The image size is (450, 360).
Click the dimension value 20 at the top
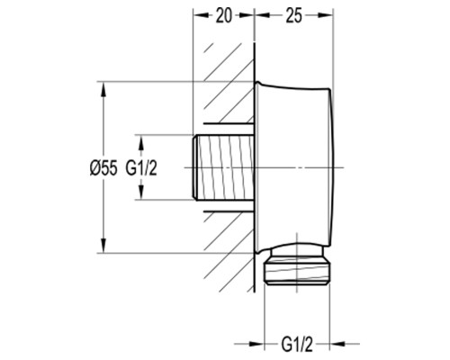point(224,16)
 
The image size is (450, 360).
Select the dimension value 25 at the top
point(293,16)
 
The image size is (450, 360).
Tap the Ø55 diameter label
point(103,167)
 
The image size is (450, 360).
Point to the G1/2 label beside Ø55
point(141,167)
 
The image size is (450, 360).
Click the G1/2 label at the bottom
point(297,344)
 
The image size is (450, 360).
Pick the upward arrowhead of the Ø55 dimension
point(103,89)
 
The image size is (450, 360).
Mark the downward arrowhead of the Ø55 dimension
point(103,246)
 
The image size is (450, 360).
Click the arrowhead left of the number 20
point(201,16)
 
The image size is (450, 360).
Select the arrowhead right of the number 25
point(326,16)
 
